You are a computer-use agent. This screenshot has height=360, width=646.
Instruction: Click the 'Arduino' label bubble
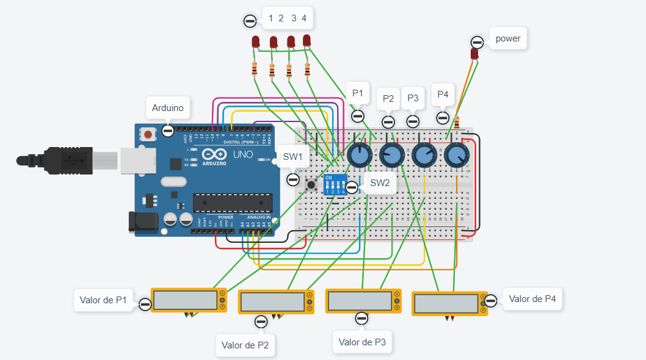(x=167, y=108)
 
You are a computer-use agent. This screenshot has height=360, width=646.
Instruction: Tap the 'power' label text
(x=508, y=38)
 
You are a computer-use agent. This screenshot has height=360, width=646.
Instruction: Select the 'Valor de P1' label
(x=104, y=300)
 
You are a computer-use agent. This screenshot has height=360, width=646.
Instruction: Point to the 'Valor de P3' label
(x=363, y=342)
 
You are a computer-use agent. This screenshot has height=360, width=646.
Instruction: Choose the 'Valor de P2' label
(x=245, y=345)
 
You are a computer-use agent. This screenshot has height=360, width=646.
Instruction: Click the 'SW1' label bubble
(x=293, y=157)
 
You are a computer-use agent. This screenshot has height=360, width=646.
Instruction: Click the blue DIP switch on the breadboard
(x=335, y=184)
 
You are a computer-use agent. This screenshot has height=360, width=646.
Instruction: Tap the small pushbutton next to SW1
(x=311, y=184)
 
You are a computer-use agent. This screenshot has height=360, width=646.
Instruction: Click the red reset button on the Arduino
(x=148, y=133)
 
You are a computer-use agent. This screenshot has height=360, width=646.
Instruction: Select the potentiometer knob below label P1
(x=360, y=156)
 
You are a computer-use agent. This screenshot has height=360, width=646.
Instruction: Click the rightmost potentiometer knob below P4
(x=456, y=156)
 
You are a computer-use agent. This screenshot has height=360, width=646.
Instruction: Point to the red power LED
(x=474, y=54)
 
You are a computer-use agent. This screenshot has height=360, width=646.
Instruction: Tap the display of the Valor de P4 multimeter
(x=445, y=303)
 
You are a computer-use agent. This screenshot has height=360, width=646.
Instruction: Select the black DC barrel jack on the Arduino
(x=140, y=221)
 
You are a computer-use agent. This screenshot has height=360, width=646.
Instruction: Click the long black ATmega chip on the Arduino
(x=232, y=203)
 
